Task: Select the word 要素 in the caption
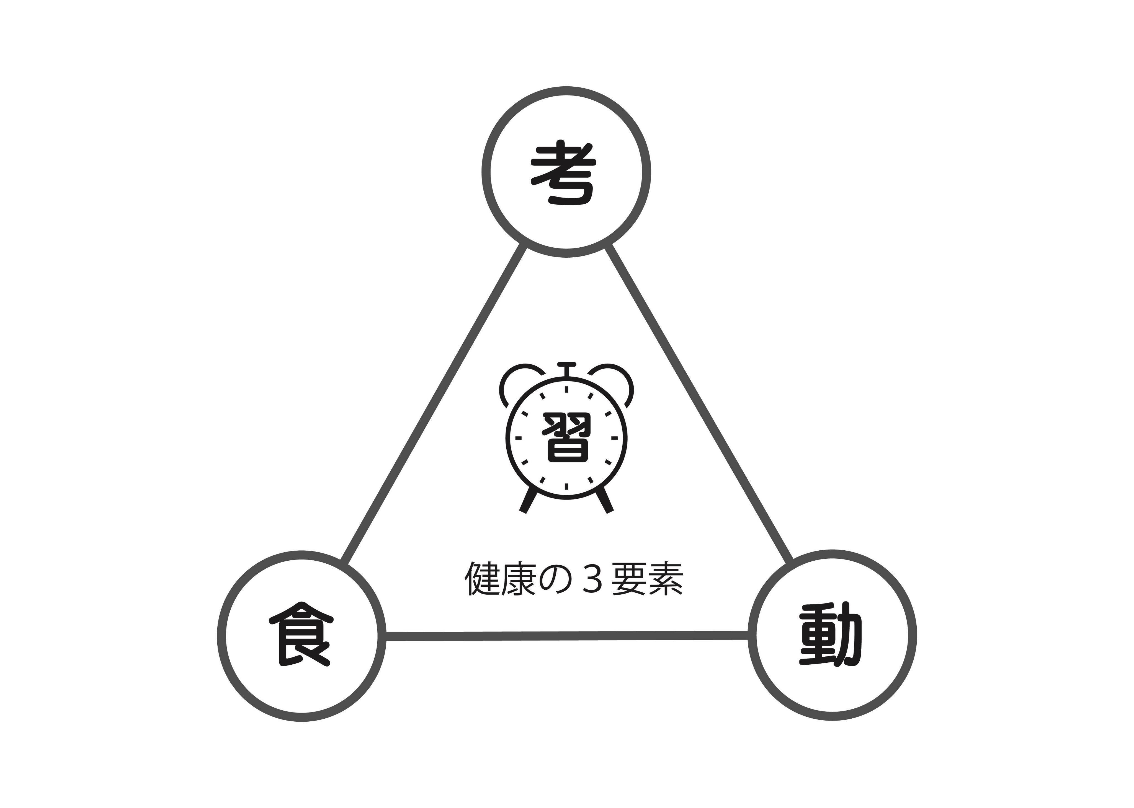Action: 647,579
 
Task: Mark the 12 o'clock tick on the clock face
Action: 566,389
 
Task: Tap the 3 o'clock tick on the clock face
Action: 614,438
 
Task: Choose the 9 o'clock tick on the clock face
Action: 518,438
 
